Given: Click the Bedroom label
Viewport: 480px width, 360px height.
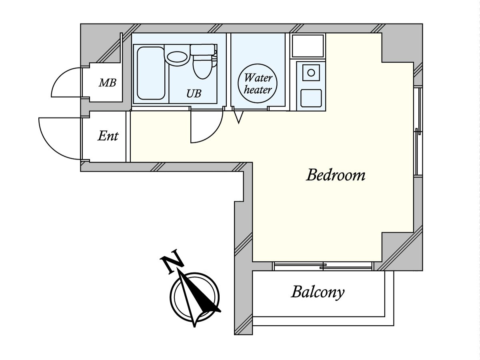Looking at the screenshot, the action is click(336, 175).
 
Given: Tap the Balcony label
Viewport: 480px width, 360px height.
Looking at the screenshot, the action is click(318, 292).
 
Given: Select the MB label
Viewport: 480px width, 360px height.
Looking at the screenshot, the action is click(107, 83).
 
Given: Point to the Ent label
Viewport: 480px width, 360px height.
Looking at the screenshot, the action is click(108, 136).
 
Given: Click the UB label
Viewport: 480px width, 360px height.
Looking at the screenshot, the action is click(194, 94).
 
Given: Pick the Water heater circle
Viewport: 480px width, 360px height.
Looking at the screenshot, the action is click(258, 83).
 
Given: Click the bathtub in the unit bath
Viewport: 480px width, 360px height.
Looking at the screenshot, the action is click(151, 73).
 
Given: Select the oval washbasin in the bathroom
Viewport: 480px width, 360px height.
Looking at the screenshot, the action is click(177, 57).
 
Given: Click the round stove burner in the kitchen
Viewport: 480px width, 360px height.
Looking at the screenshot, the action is click(311, 72).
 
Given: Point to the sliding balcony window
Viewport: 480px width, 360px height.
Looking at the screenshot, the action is click(323, 266).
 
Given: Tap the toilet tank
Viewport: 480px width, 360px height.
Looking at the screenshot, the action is click(202, 49).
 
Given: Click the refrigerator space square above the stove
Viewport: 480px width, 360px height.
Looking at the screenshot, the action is click(308, 46).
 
